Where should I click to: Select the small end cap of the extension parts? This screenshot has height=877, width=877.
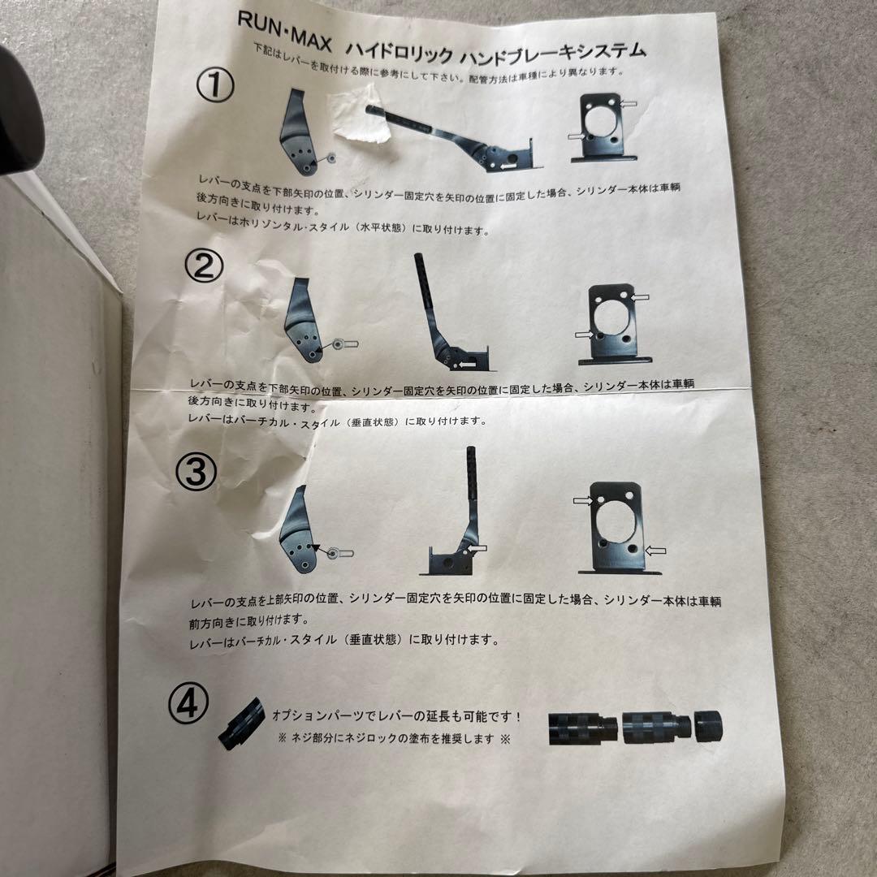click(x=708, y=725)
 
